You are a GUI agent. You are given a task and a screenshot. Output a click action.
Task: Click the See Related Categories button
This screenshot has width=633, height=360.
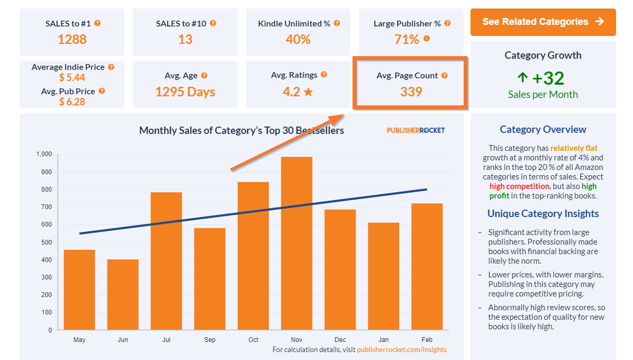pyautogui.click(x=543, y=22)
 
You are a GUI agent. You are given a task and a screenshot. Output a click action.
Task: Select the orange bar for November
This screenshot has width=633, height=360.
pyautogui.click(x=296, y=244)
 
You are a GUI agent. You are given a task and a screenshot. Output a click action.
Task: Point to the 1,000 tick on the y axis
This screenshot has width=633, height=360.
pyautogui.click(x=44, y=154)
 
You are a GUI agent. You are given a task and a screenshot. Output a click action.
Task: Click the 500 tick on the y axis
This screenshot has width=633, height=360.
pyautogui.click(x=47, y=242)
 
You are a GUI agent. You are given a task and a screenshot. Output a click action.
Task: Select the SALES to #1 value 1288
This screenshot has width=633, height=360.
pyautogui.click(x=72, y=39)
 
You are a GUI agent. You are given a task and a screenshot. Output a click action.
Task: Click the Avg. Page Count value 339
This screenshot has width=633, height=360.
pyautogui.click(x=411, y=92)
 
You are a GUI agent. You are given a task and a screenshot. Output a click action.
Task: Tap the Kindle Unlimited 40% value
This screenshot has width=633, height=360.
pyautogui.click(x=299, y=39)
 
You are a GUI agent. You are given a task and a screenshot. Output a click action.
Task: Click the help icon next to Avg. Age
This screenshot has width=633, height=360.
pyautogui.click(x=204, y=76)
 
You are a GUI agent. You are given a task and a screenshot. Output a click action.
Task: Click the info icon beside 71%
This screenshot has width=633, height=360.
pyautogui.click(x=427, y=39)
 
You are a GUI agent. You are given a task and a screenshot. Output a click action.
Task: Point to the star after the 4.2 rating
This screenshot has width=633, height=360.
pyautogui.click(x=309, y=92)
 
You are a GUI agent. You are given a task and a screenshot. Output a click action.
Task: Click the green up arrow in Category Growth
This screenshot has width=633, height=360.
pyautogui.click(x=522, y=78)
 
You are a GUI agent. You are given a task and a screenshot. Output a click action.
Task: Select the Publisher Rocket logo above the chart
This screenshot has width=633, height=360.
pyautogui.click(x=415, y=130)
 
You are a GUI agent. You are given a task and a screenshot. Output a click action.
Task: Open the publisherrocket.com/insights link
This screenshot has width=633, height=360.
pyautogui.click(x=401, y=349)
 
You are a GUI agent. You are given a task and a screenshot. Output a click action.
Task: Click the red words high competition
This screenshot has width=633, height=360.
pyautogui.click(x=519, y=186)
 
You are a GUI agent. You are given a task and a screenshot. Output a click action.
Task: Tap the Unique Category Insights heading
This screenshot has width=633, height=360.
pyautogui.click(x=543, y=213)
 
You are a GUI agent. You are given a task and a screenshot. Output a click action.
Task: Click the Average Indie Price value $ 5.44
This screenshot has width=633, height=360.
pyautogui.click(x=72, y=78)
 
